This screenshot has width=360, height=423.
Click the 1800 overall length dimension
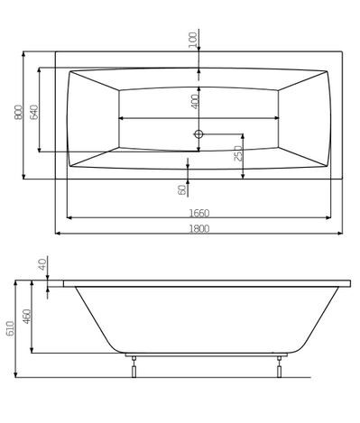click(200, 228)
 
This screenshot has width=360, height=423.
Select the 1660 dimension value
click(200, 212)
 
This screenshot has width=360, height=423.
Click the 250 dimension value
click(237, 153)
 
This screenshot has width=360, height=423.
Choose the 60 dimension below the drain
click(183, 189)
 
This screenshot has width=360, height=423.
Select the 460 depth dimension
click(27, 316)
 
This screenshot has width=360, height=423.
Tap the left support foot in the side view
click(134, 363)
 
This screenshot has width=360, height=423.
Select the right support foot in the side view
click(281, 363)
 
